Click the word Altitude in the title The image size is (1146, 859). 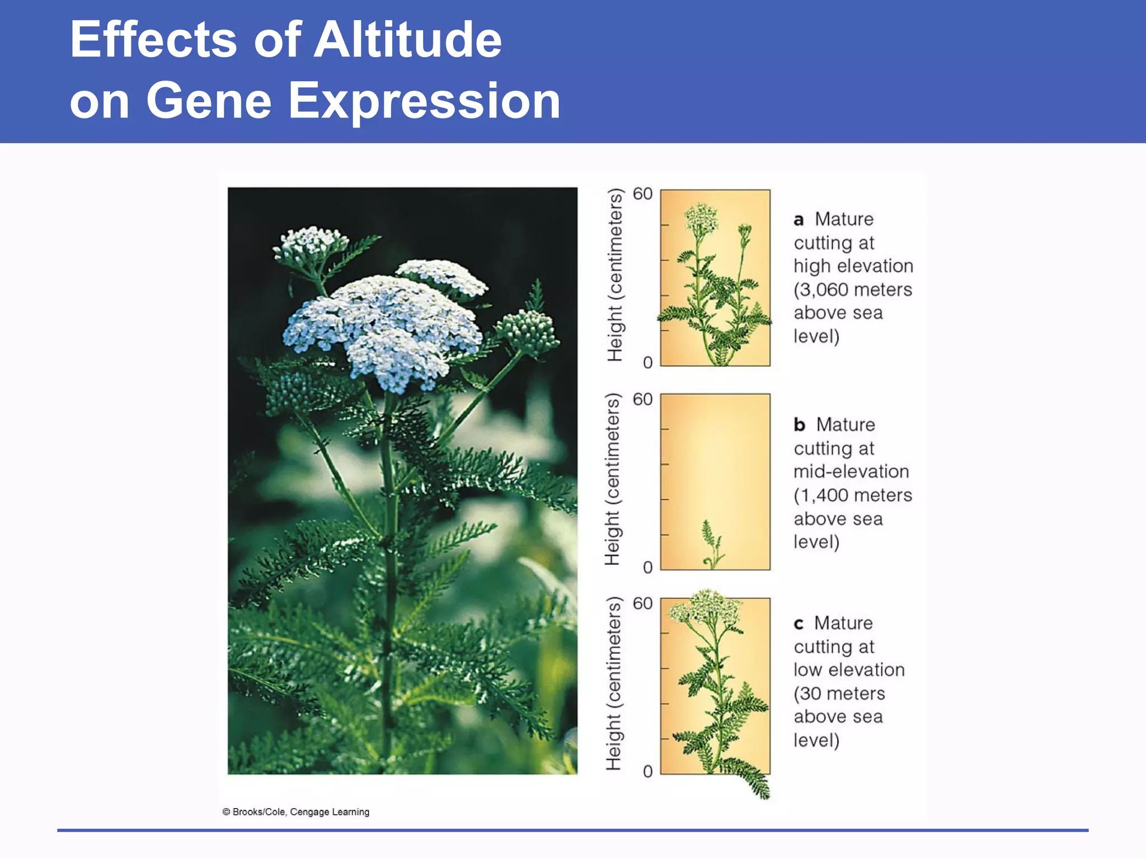407,40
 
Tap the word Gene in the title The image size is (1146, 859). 208,101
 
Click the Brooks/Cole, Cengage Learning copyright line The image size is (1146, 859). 296,812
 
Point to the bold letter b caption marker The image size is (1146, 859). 799,425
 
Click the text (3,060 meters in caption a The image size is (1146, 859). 853,290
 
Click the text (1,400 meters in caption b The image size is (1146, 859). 853,495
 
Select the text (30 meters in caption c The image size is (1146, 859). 839,693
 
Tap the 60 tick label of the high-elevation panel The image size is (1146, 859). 642,194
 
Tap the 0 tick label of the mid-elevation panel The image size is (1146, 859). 647,568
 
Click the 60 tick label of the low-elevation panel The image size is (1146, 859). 642,603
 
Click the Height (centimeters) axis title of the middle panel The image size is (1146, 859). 613,479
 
